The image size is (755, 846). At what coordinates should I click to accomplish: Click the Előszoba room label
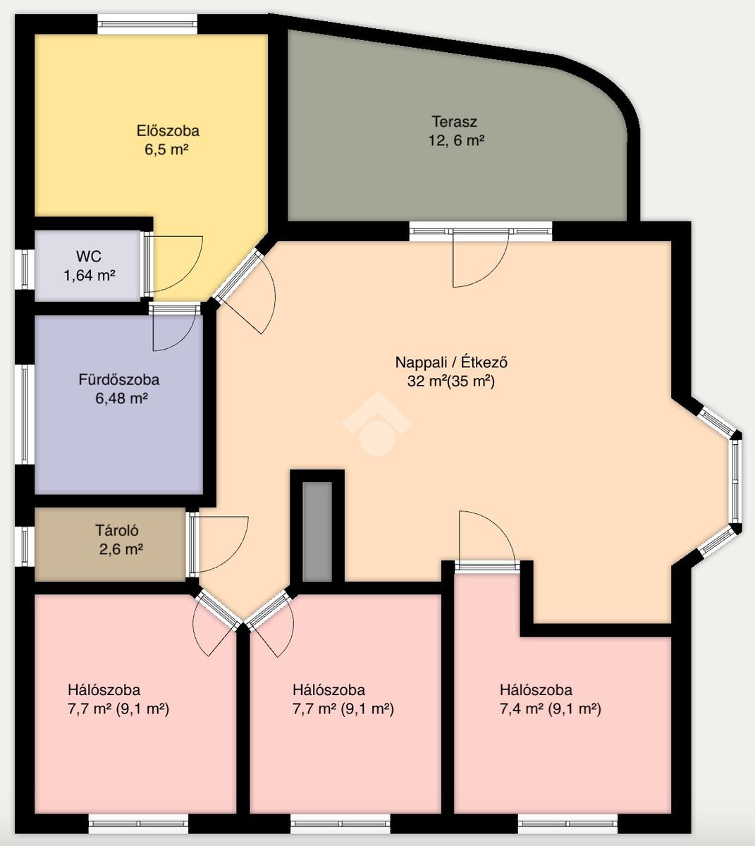(168, 131)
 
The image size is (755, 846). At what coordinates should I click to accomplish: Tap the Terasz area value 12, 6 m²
(456, 141)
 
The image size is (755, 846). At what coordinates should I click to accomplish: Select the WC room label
(89, 256)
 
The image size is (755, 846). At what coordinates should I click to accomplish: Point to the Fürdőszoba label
(119, 379)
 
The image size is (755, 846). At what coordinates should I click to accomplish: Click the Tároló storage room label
(117, 530)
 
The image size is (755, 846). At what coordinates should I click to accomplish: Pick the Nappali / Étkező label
(451, 362)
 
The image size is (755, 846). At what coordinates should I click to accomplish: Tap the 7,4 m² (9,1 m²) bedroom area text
(551, 709)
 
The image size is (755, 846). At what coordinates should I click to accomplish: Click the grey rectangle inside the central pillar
(317, 532)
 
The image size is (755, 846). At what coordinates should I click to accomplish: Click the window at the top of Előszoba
(147, 24)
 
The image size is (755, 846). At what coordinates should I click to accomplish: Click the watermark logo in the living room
(376, 423)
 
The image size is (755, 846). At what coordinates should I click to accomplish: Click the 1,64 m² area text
(90, 275)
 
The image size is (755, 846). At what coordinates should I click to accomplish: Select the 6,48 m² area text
(121, 398)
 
